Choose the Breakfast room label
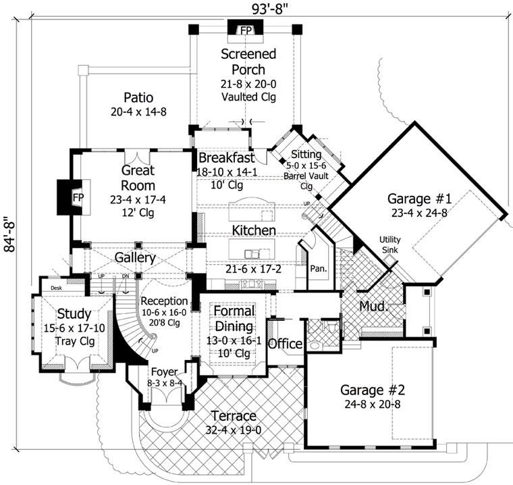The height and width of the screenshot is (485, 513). click(x=226, y=158)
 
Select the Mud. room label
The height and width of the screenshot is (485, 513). click(x=373, y=305)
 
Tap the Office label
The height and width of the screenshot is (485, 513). click(x=285, y=344)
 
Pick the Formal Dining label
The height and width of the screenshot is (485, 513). click(x=234, y=317)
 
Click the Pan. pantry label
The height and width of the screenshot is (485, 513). click(x=318, y=268)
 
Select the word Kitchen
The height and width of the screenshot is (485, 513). click(x=253, y=231)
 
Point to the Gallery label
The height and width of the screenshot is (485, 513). click(x=134, y=258)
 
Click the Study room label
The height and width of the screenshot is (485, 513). click(x=74, y=314)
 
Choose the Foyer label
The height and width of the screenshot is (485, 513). click(x=164, y=372)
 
